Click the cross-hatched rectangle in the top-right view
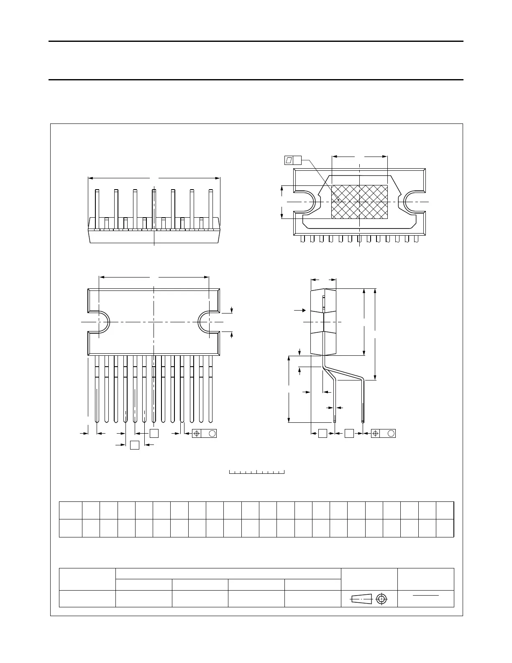click(359, 202)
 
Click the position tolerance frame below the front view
click(204, 434)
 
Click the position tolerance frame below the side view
click(383, 434)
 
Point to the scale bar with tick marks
click(257, 472)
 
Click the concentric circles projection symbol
click(381, 599)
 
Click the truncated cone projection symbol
click(361, 599)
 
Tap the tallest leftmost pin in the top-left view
click(97, 209)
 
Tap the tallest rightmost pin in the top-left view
click(211, 209)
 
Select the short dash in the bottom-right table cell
click(425, 595)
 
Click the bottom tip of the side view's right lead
click(363, 421)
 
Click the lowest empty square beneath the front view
click(135, 445)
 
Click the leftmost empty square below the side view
click(323, 434)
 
